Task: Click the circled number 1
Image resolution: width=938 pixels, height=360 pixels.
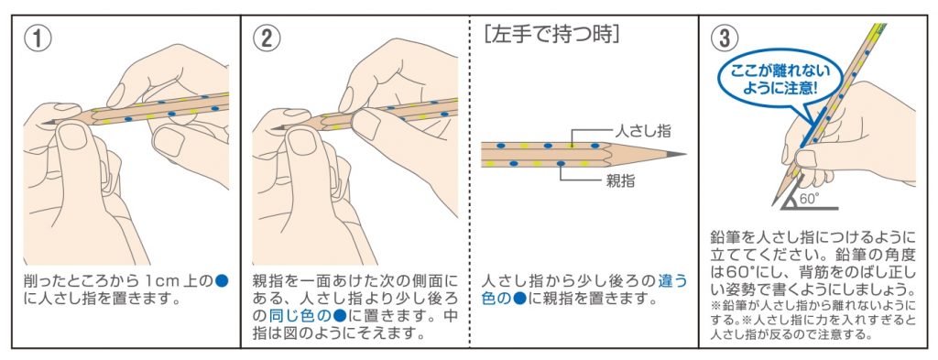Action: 37,38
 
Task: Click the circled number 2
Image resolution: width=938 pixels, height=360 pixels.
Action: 267,38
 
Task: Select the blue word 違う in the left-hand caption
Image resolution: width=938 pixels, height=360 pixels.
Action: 672,280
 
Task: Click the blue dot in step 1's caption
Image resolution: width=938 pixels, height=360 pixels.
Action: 222,280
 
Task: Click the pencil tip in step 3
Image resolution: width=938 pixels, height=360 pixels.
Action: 774,203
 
